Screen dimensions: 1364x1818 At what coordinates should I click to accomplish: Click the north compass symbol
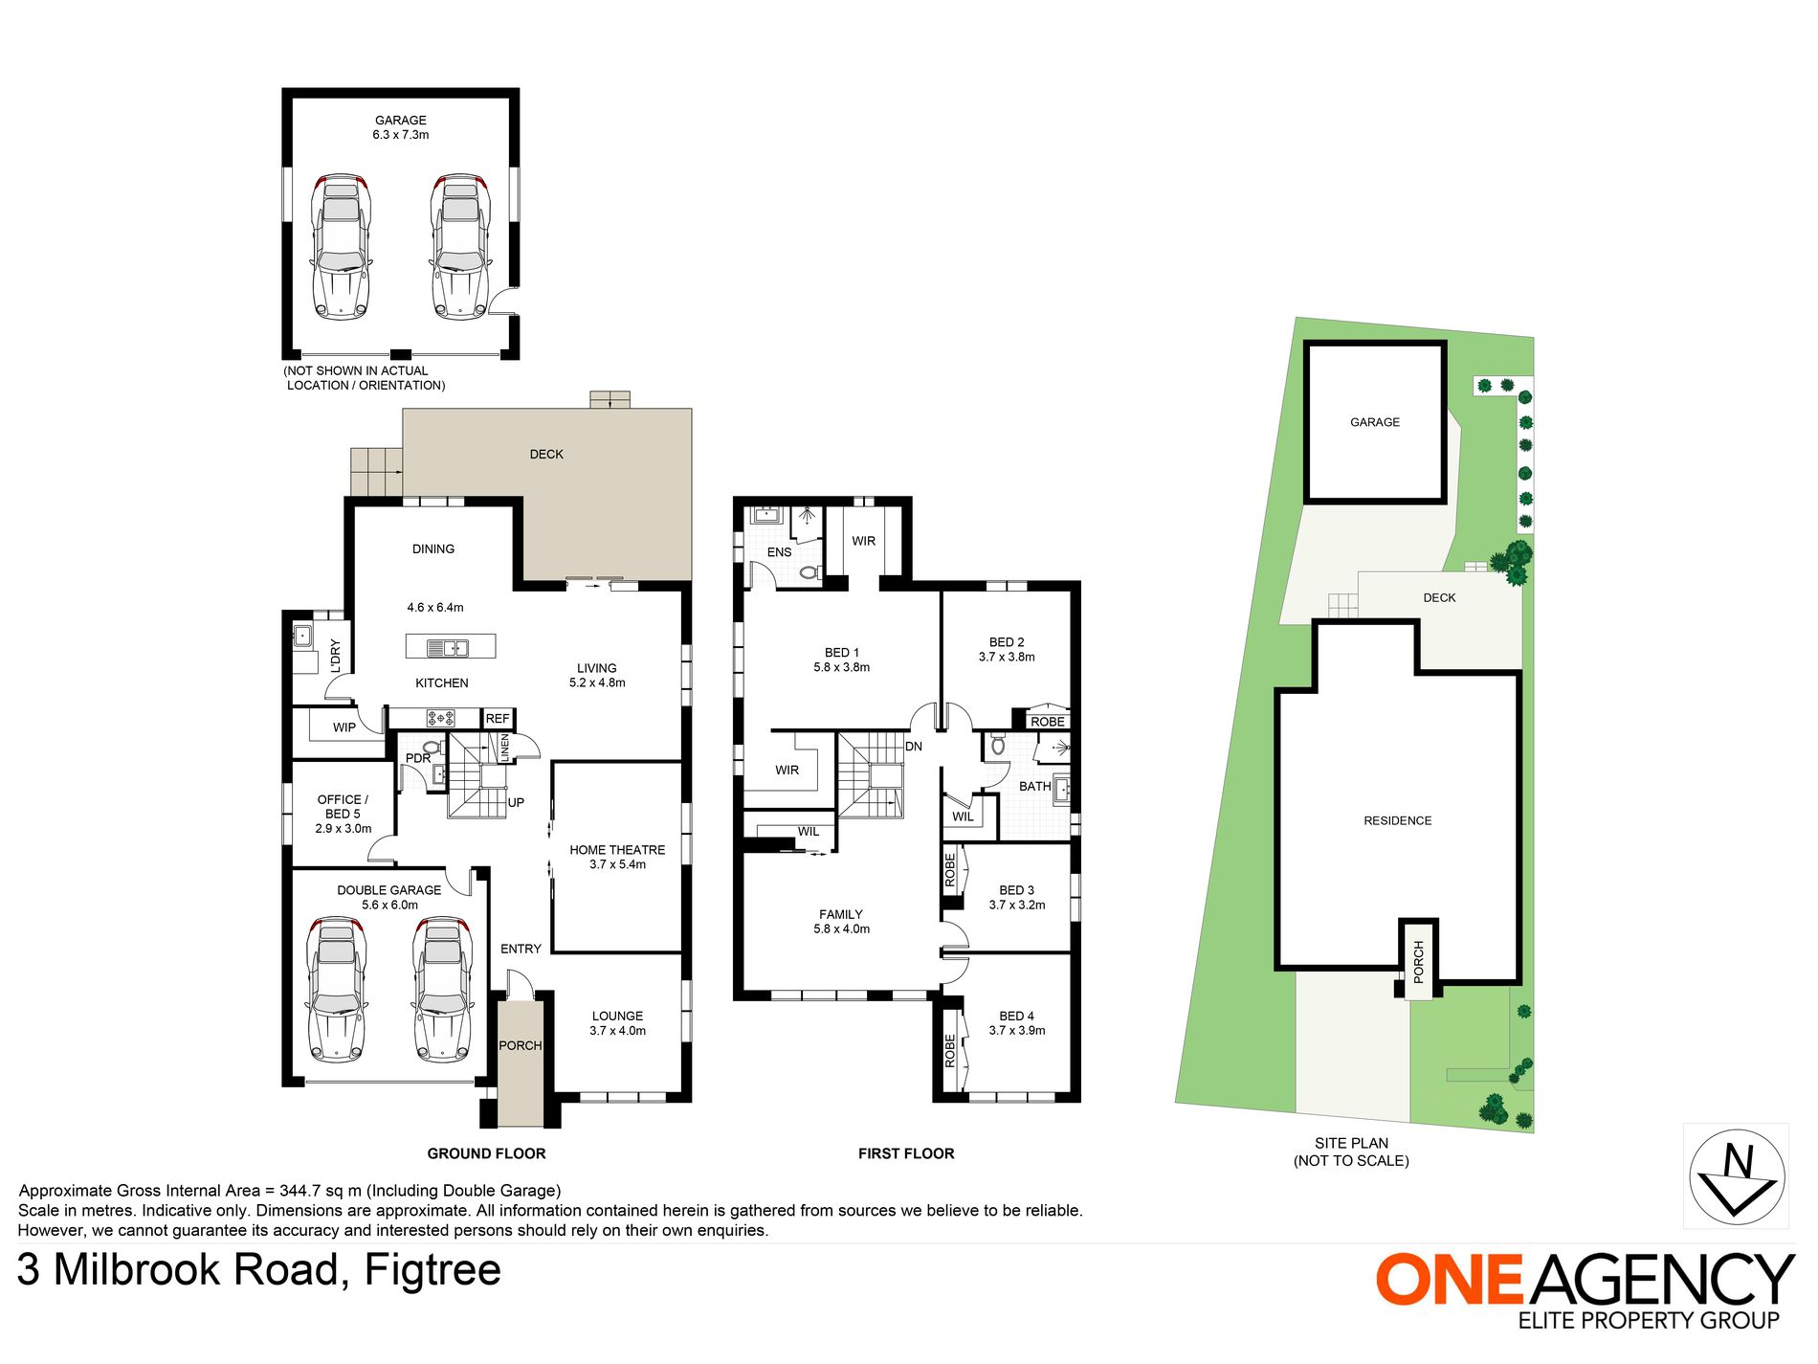(1736, 1175)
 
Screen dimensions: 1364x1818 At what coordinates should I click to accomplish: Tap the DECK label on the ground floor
(546, 455)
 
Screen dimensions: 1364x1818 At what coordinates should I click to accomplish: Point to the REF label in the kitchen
(498, 719)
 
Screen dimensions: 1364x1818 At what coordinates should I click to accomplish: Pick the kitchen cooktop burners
(440, 718)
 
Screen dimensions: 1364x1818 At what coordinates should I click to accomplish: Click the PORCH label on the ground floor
(520, 1045)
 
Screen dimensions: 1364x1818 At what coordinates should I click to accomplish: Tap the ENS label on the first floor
(779, 552)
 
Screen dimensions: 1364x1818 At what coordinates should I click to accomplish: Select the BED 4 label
(1016, 1017)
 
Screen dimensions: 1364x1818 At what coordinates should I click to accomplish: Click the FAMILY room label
(841, 915)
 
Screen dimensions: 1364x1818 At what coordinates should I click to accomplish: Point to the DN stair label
(914, 747)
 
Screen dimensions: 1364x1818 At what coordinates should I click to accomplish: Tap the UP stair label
(516, 803)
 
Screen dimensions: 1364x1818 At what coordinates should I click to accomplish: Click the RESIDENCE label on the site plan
(1397, 820)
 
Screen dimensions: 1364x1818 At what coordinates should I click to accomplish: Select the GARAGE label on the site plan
(1375, 422)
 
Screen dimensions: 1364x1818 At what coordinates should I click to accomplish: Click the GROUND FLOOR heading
(486, 1153)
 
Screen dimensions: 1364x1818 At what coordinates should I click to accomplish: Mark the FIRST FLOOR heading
(906, 1153)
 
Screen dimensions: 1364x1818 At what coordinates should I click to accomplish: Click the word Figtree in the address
(432, 1270)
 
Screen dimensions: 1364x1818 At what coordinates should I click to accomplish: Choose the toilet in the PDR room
(431, 747)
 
